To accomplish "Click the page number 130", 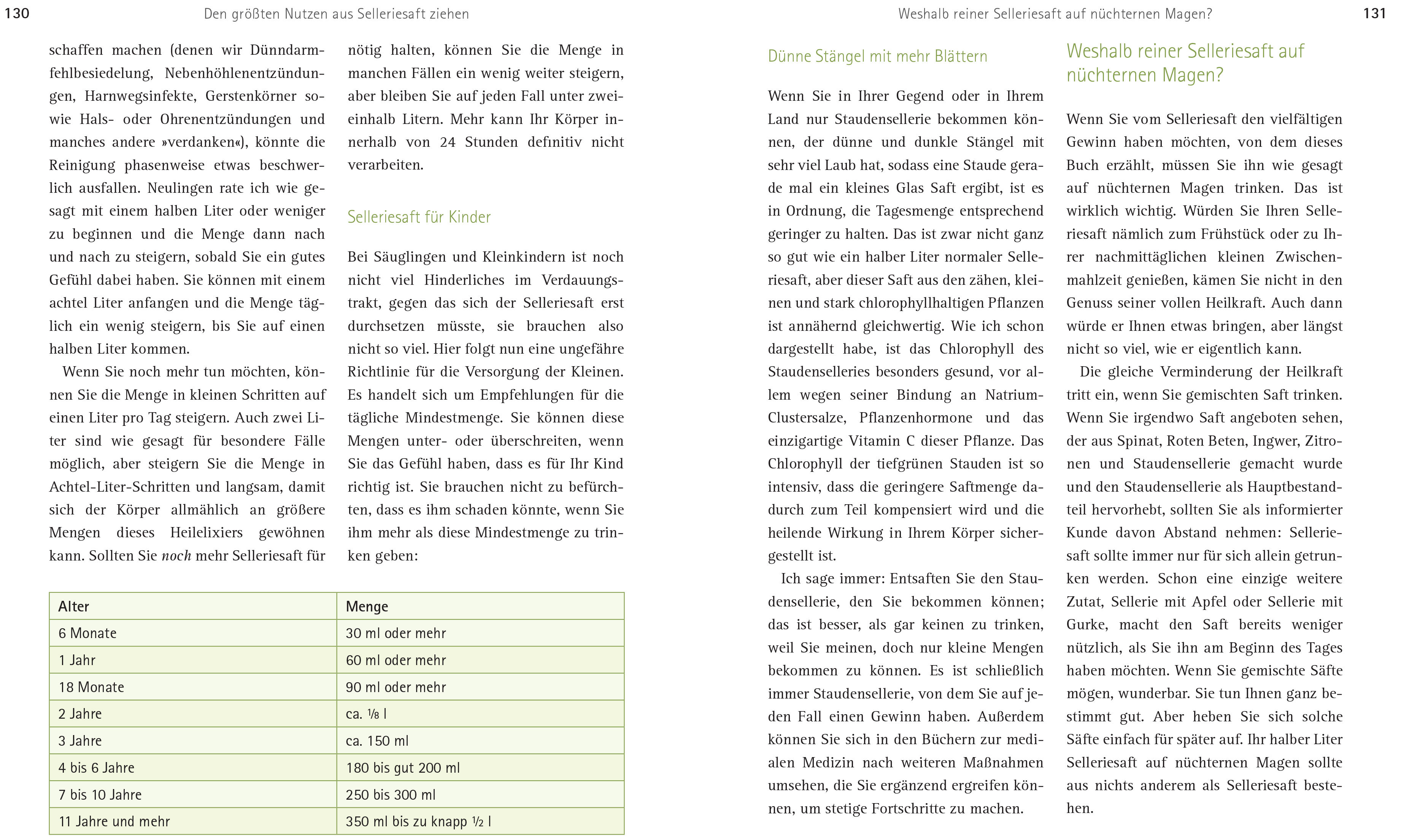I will pos(17,13).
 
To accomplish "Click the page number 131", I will pos(1374,13).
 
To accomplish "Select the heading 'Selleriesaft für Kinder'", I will pos(419,217).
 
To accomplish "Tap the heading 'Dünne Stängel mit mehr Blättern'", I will pos(877,56).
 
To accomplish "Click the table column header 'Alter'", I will pos(74,606).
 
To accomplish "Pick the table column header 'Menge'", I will pos(367,606).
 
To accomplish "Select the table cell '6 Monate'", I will pos(88,633).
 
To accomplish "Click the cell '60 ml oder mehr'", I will pos(396,660).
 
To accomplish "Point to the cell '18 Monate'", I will pos(91,687).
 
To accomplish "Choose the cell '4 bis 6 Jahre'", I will pos(96,767).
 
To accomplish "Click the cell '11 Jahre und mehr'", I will pos(114,821).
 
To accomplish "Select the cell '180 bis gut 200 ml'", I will pos(402,767).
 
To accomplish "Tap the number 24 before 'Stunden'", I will pos(448,142).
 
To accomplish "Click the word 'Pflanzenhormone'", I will pos(915,418).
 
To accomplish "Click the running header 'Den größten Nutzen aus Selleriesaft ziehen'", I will pos(336,14).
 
